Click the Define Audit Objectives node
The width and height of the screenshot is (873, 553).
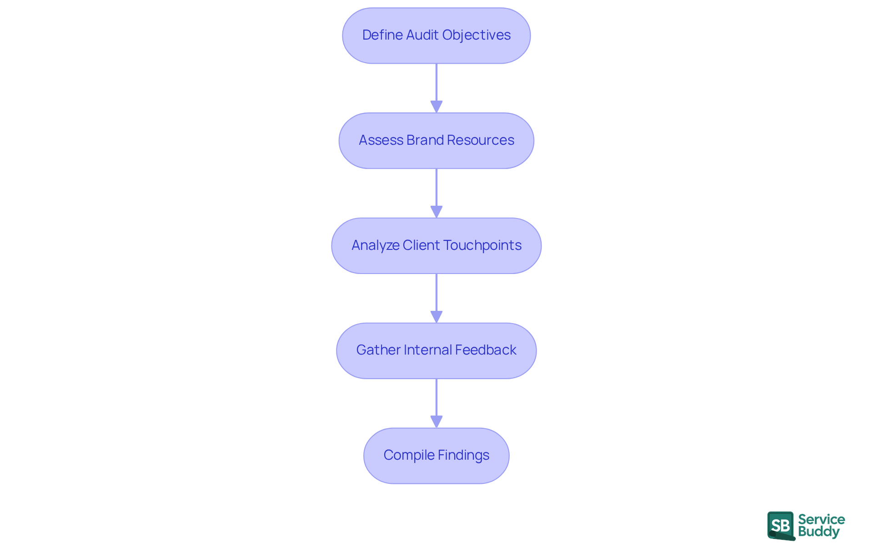click(436, 36)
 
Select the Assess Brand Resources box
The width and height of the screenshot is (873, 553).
click(436, 141)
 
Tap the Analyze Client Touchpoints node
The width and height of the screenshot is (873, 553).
click(436, 246)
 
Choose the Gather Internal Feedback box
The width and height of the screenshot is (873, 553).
click(436, 350)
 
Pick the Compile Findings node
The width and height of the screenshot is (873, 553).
click(436, 456)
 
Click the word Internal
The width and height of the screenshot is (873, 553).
click(427, 350)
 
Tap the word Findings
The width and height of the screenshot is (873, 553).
click(463, 455)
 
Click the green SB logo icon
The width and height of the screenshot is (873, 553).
click(781, 526)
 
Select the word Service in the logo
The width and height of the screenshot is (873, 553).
click(821, 519)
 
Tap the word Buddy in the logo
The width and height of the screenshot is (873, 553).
click(818, 532)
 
